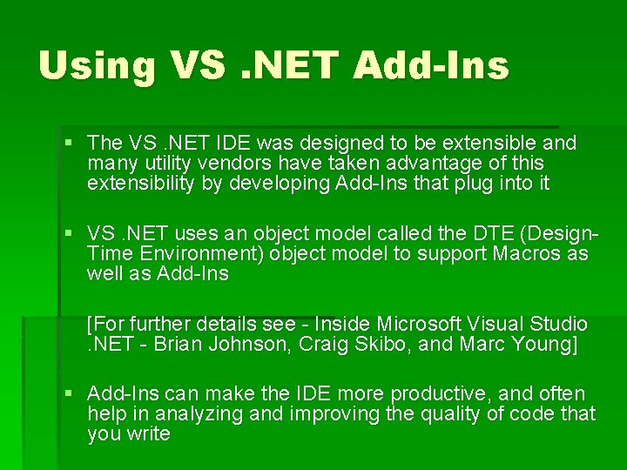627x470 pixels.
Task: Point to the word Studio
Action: tap(556, 325)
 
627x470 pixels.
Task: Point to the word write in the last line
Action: tap(147, 434)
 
